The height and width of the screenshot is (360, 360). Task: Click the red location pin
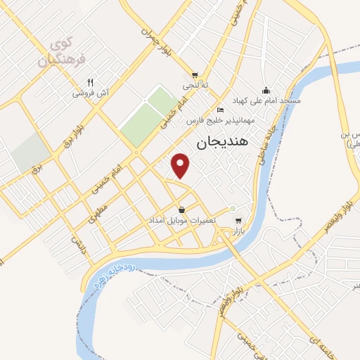click(x=181, y=165)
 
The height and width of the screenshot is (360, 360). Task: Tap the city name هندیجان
click(x=219, y=143)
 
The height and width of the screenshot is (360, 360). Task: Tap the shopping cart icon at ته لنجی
click(x=195, y=75)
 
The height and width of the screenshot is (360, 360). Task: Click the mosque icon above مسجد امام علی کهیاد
click(x=266, y=90)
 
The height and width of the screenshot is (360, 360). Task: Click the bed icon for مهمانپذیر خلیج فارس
click(x=220, y=110)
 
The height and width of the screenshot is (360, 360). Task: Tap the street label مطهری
click(x=99, y=215)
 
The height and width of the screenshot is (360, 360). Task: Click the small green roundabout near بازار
click(x=233, y=208)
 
